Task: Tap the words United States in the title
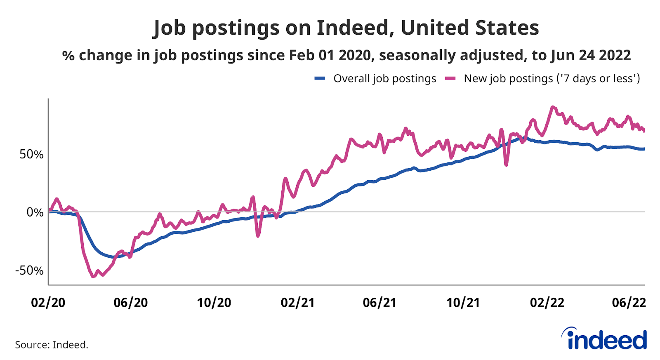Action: [x=469, y=28]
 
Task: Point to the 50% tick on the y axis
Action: [x=31, y=154]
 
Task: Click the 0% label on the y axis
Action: [x=35, y=212]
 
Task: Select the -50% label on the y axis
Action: [x=29, y=271]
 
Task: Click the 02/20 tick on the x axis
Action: [x=48, y=303]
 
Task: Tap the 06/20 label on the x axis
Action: [x=131, y=303]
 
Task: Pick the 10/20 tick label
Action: [x=214, y=303]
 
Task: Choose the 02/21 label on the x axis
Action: [x=297, y=303]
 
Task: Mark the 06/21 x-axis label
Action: [x=379, y=303]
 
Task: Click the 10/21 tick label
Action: [x=463, y=303]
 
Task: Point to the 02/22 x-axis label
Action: [x=547, y=303]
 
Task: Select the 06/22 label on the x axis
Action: [x=629, y=303]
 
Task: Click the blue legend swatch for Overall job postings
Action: [x=320, y=78]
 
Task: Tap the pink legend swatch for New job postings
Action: [x=450, y=78]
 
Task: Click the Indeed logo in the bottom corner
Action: [x=605, y=339]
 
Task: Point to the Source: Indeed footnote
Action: [x=52, y=345]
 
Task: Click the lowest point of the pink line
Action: [x=93, y=276]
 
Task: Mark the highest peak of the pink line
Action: [x=552, y=107]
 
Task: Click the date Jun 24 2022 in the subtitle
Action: [x=591, y=55]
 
